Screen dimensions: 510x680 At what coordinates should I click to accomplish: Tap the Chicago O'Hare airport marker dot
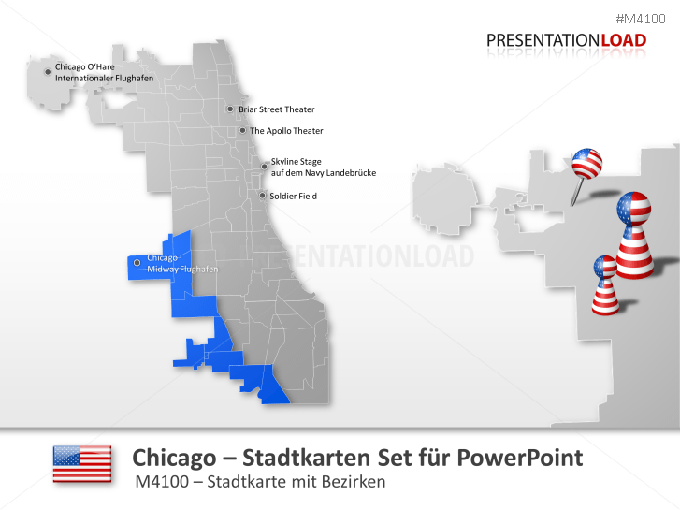click(x=49, y=71)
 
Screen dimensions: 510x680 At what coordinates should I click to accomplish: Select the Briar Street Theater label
click(x=276, y=109)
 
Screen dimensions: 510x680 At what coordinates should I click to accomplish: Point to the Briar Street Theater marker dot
click(x=230, y=109)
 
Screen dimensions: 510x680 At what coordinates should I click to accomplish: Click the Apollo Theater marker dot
click(x=242, y=131)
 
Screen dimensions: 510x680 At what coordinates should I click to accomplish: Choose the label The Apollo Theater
click(x=286, y=131)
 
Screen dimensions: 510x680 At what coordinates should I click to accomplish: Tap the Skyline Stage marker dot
click(x=265, y=167)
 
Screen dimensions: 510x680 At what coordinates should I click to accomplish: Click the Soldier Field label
click(x=293, y=197)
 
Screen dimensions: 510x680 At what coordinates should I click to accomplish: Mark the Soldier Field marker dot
click(x=262, y=196)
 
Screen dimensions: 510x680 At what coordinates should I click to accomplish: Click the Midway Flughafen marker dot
click(x=137, y=263)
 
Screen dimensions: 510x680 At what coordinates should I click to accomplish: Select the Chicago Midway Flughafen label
click(x=181, y=264)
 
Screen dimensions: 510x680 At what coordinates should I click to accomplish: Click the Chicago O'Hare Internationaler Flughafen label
click(x=104, y=72)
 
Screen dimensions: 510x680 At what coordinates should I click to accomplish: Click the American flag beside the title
click(x=81, y=464)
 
